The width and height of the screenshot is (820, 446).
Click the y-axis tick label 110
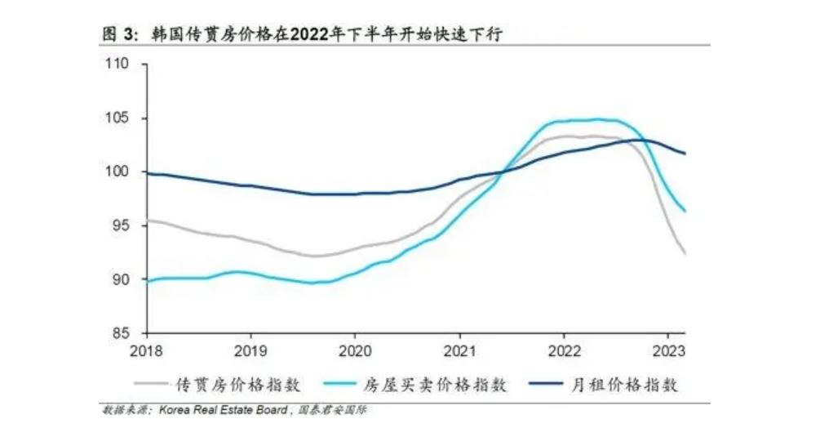(x=118, y=65)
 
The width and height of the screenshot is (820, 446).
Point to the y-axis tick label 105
(x=118, y=118)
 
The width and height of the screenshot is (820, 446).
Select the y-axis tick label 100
(x=118, y=172)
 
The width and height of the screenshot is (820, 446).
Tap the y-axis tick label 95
(x=122, y=226)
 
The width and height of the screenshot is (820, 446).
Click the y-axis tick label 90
(x=122, y=280)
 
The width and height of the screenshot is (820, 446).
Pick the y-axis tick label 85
(x=122, y=333)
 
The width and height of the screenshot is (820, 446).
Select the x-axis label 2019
(x=250, y=349)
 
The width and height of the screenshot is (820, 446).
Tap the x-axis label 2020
(x=355, y=349)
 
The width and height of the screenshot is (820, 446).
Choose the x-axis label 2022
(x=564, y=349)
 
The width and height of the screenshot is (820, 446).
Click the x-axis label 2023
(x=668, y=349)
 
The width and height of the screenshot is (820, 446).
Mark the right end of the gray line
(x=685, y=254)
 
